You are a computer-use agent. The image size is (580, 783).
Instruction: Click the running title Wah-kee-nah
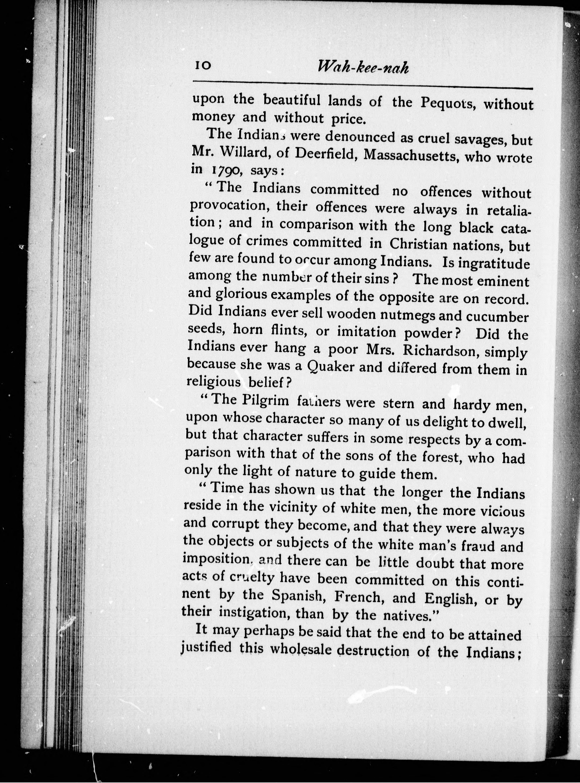(x=363, y=67)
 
